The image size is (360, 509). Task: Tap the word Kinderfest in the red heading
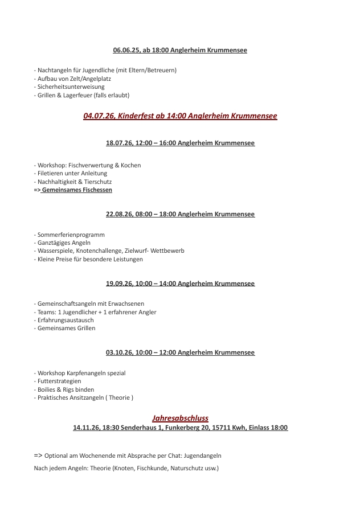[130, 116]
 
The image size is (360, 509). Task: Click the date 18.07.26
[118, 143]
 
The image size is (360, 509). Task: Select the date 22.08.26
[118, 214]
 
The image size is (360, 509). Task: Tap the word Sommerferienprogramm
[71, 235]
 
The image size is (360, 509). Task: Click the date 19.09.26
[119, 284]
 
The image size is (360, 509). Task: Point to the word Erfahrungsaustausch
[66, 320]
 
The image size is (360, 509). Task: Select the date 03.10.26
[119, 352]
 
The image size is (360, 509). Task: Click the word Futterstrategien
[59, 381]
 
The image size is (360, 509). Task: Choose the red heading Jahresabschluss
[180, 417]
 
